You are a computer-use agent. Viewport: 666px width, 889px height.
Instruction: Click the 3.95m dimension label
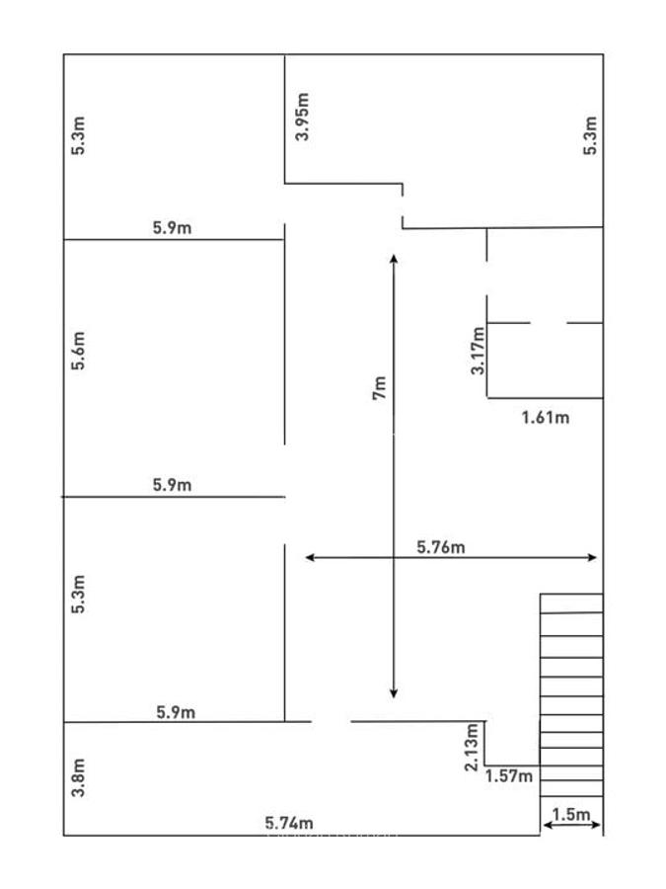pos(303,117)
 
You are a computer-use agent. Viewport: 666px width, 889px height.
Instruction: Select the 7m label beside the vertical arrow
pos(380,387)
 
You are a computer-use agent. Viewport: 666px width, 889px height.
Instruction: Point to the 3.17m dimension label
pos(479,351)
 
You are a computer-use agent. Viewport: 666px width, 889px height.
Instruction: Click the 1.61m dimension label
pos(545,417)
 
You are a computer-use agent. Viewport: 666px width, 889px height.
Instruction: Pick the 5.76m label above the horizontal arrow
pos(441,546)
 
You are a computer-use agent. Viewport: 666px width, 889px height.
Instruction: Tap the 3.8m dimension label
pos(80,777)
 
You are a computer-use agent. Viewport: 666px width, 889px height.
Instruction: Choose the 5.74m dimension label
pos(289,822)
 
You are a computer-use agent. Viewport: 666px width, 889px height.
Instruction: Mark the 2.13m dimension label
pos(473,748)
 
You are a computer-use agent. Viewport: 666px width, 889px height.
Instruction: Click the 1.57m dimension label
pos(508,776)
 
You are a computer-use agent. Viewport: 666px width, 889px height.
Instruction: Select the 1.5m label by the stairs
pos(570,815)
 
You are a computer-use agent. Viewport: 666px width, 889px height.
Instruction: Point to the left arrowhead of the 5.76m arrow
pos(310,558)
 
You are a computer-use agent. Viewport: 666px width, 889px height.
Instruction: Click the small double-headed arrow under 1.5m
pos(570,828)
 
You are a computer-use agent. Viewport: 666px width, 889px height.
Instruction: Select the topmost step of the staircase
pos(571,604)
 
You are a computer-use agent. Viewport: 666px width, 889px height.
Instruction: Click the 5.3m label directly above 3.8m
pos(80,595)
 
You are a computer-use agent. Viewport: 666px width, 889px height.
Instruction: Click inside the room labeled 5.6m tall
pos(174,365)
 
